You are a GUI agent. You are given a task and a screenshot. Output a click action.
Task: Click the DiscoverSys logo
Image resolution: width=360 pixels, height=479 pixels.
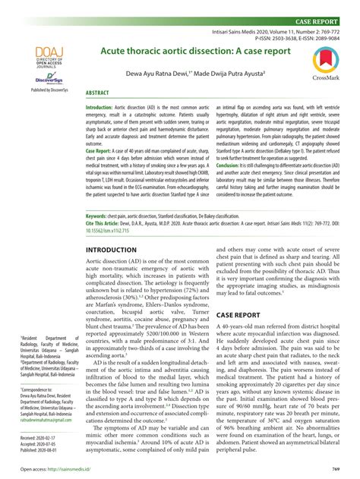(x=46, y=78)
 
